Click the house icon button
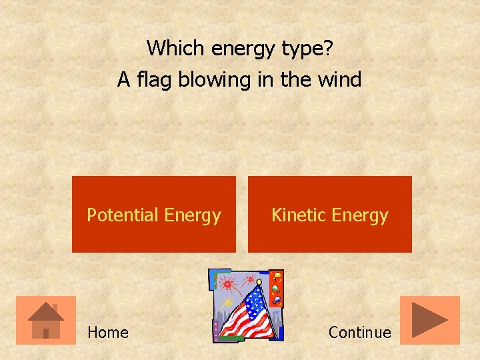tap(46, 320)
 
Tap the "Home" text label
tap(108, 332)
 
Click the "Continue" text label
tap(360, 332)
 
